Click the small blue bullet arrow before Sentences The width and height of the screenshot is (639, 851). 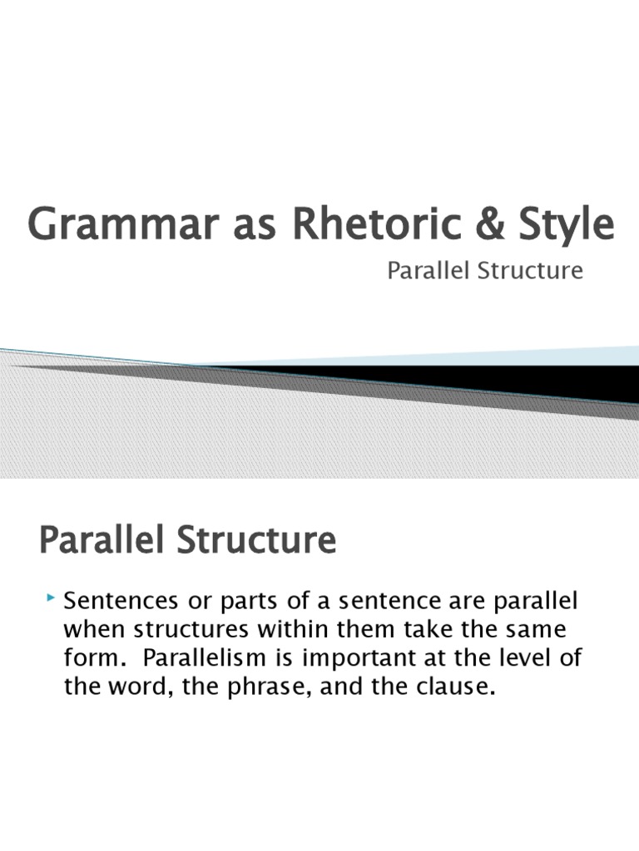pyautogui.click(x=52, y=598)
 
